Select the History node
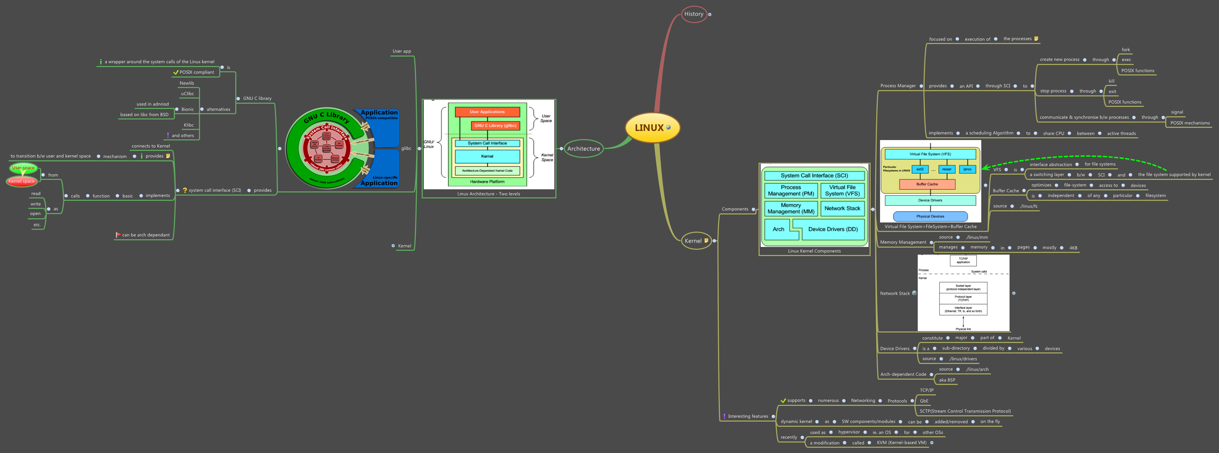[693, 14]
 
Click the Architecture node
[583, 149]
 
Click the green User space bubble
[23, 168]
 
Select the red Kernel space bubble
[21, 181]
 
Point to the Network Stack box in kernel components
[842, 208]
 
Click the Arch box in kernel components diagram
[778, 229]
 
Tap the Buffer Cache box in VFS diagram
[926, 184]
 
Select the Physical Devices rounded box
[930, 216]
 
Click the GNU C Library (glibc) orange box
[495, 125]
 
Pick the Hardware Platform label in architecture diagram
[487, 182]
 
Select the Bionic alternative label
[187, 109]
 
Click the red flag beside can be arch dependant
[118, 235]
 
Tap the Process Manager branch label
[898, 86]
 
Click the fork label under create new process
[1125, 50]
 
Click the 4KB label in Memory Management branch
[1073, 248]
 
